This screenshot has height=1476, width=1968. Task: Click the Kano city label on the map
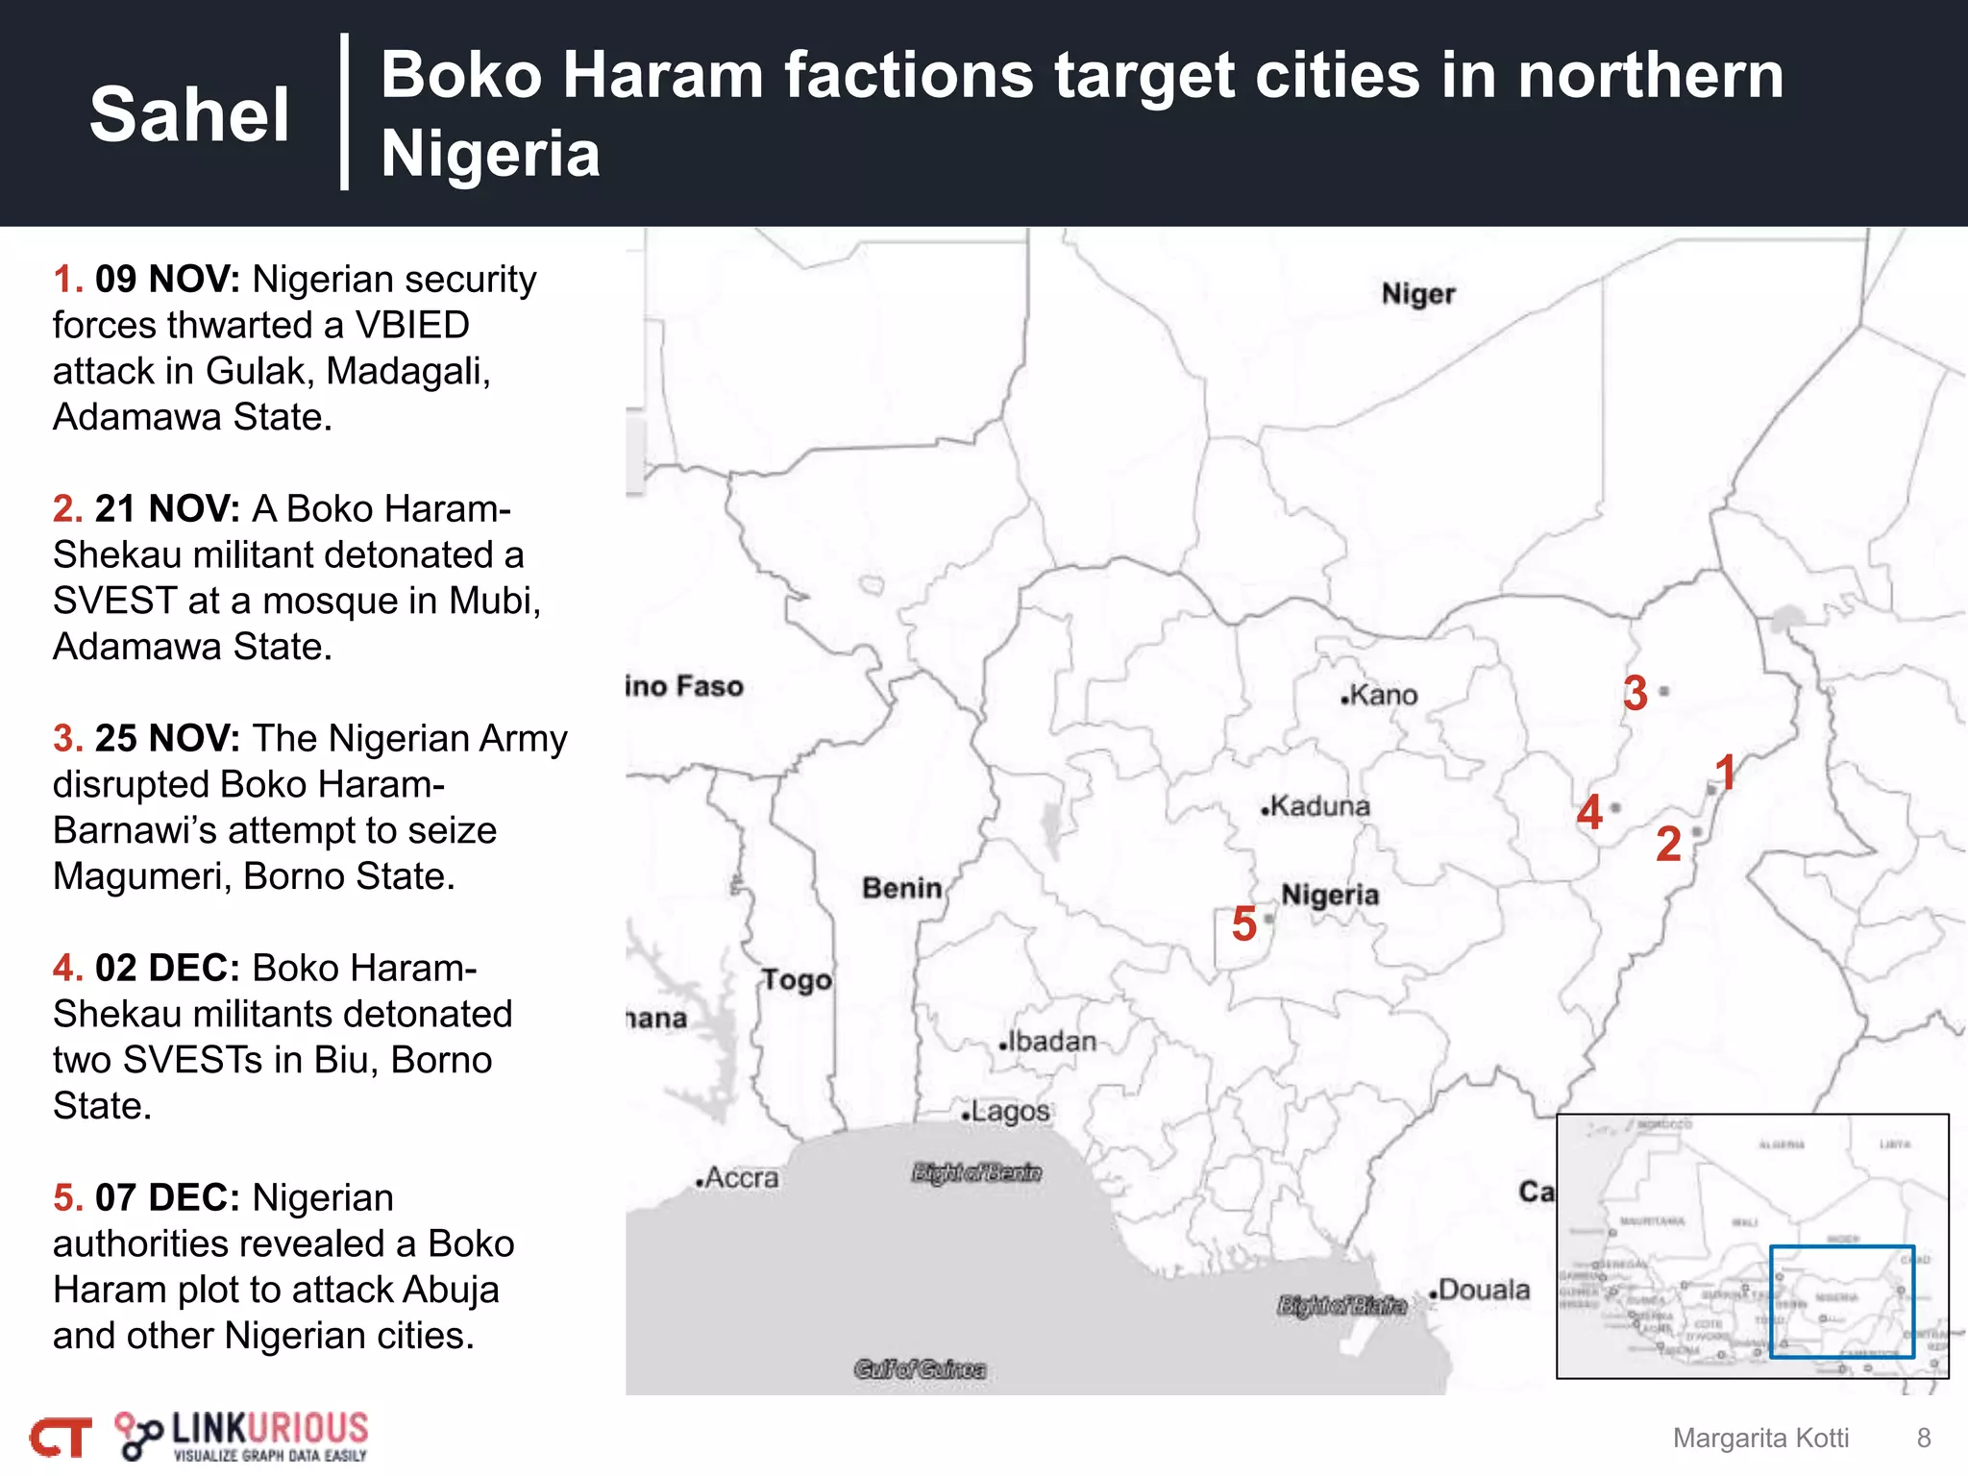tap(1382, 695)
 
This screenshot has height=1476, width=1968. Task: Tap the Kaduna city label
tap(1317, 806)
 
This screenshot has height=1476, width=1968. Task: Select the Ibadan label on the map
tap(1049, 1042)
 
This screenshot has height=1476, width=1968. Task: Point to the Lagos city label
tap(1008, 1112)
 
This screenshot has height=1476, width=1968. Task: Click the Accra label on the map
tap(739, 1178)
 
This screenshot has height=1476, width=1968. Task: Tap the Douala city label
tap(1481, 1290)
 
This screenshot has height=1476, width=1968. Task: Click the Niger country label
tap(1418, 294)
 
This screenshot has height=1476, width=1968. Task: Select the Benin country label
tap(901, 888)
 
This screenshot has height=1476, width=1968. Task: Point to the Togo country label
tap(797, 980)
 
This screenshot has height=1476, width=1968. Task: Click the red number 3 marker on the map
tap(1636, 693)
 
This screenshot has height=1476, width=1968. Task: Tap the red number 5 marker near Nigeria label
tap(1244, 923)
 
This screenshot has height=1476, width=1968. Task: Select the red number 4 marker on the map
tap(1589, 812)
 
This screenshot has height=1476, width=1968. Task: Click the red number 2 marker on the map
tap(1669, 845)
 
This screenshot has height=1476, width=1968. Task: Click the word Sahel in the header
tap(189, 114)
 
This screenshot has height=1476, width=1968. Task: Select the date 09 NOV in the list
tap(167, 280)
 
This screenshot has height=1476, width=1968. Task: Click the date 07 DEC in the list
tap(167, 1198)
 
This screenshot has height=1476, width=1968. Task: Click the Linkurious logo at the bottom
tap(242, 1436)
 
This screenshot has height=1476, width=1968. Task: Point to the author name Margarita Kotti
tap(1760, 1438)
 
